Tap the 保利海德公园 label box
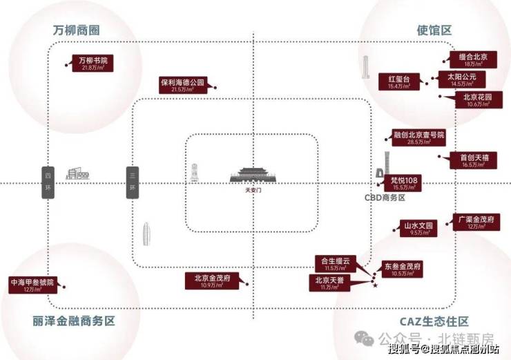point(183,85)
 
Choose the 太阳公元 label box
point(457,78)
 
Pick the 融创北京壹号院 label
point(418,138)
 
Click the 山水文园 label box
point(418,228)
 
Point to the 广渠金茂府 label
point(476,222)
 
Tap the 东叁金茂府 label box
point(403,269)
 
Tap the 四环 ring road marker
point(48,182)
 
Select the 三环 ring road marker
point(132,182)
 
